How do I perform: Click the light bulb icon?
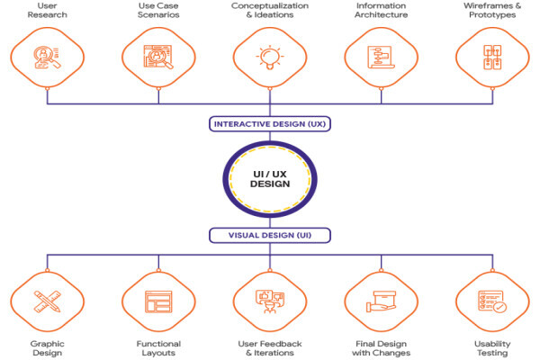(270, 58)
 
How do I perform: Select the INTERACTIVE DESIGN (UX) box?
(270, 124)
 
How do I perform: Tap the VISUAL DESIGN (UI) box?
(270, 235)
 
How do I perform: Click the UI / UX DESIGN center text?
(270, 179)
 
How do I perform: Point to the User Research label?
(47, 10)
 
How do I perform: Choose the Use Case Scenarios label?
(158, 10)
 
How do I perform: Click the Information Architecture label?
(382, 10)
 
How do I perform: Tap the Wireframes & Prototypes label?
(492, 10)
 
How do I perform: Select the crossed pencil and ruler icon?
(48, 301)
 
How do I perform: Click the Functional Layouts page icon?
(158, 301)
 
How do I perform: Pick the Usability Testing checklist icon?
(492, 301)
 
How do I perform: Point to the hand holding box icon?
(381, 301)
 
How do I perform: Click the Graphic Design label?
(47, 348)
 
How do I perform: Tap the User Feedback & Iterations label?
(270, 348)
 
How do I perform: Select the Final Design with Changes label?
(382, 348)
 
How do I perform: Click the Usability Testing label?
(492, 348)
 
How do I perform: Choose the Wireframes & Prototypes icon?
(492, 58)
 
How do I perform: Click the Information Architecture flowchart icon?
(381, 58)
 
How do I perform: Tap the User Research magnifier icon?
(47, 58)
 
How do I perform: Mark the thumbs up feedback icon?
(270, 301)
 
